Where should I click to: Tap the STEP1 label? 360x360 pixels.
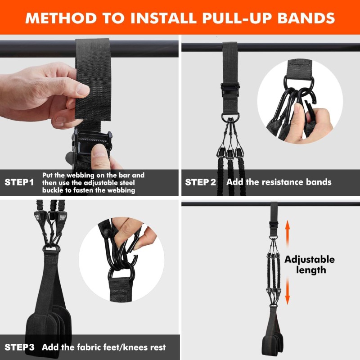point(19,182)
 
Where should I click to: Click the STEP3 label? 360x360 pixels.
point(19,347)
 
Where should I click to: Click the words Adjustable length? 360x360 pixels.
point(309,265)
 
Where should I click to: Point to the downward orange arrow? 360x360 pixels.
point(287,292)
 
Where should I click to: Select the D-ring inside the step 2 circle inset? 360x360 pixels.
point(297,84)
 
